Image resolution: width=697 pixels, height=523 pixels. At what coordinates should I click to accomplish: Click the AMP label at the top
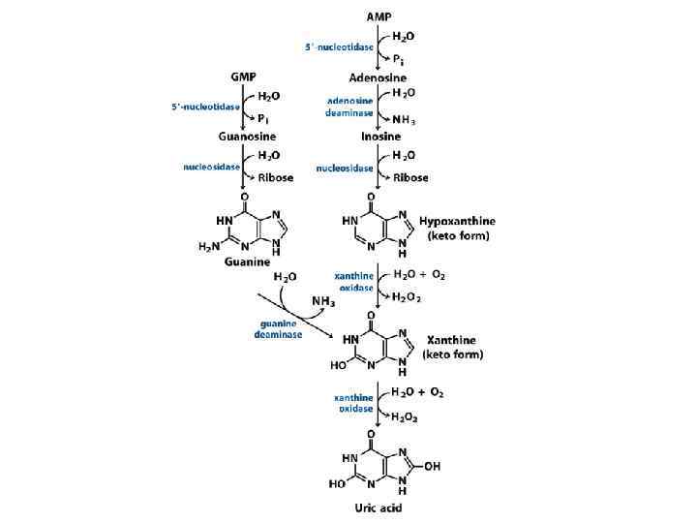pyautogui.click(x=378, y=17)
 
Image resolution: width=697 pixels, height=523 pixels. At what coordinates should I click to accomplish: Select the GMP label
pyautogui.click(x=242, y=76)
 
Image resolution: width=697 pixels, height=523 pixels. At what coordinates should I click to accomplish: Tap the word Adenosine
pyautogui.click(x=378, y=77)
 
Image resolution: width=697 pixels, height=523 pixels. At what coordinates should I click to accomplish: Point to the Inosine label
pyautogui.click(x=378, y=138)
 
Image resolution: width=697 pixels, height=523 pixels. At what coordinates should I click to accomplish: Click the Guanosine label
pyautogui.click(x=242, y=138)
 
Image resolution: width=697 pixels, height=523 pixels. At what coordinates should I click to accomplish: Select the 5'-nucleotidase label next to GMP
pyautogui.click(x=199, y=107)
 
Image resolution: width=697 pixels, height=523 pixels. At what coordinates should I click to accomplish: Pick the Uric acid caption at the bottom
pyautogui.click(x=378, y=507)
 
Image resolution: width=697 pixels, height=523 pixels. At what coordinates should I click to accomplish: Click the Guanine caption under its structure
pyautogui.click(x=246, y=261)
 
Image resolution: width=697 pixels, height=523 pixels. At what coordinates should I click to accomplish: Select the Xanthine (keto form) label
pyautogui.click(x=453, y=348)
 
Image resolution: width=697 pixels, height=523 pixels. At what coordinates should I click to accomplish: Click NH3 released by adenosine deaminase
pyautogui.click(x=404, y=121)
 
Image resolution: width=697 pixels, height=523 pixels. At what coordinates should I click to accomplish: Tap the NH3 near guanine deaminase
pyautogui.click(x=324, y=301)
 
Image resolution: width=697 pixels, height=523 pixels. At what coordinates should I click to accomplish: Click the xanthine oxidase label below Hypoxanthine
pyautogui.click(x=353, y=282)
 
